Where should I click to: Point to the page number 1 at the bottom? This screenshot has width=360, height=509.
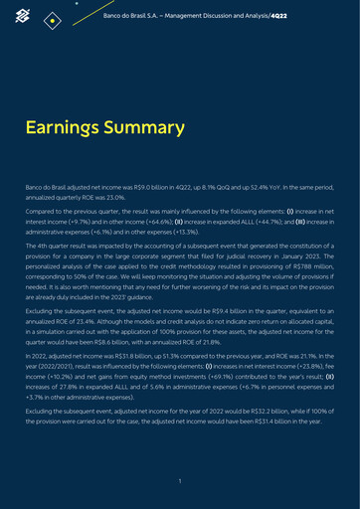(x=179, y=481)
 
